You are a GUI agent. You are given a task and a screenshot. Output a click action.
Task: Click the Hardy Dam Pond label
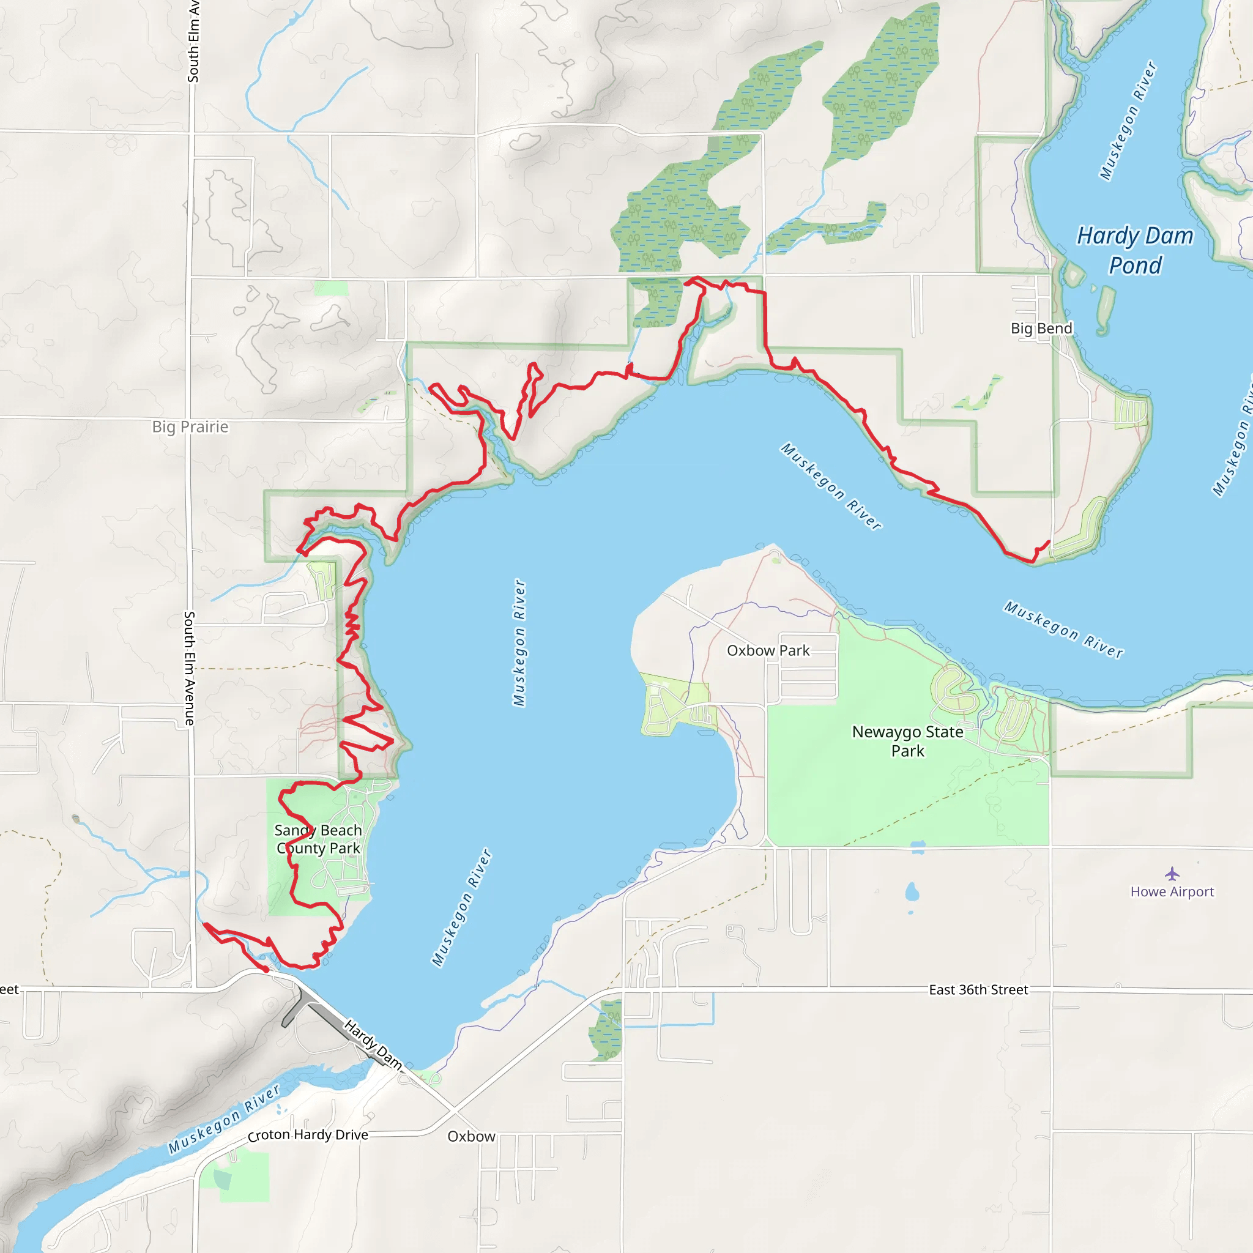[1135, 250]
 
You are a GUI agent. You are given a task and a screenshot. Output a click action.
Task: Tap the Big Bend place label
[1041, 328]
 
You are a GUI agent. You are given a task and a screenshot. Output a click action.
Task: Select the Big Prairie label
[190, 427]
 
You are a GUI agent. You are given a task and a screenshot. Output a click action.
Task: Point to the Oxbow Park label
[768, 650]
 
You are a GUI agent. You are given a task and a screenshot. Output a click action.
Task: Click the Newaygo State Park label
[907, 741]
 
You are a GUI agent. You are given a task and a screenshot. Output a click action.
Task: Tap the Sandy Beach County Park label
[318, 839]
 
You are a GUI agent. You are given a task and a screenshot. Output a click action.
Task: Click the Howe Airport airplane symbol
[1172, 874]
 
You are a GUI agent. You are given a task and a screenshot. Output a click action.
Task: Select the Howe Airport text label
[1172, 892]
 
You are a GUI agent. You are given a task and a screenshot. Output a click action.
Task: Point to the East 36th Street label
[978, 990]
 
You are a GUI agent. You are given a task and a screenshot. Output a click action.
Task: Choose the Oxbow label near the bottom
[471, 1136]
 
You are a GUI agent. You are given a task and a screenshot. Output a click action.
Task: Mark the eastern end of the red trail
[1049, 541]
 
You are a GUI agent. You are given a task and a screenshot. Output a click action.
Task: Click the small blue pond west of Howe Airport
[912, 893]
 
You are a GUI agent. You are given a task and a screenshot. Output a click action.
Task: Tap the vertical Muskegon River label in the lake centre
[519, 642]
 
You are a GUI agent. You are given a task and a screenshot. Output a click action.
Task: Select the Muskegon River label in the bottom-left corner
[224, 1120]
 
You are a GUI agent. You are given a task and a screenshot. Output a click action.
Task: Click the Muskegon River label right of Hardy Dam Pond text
[1128, 120]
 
